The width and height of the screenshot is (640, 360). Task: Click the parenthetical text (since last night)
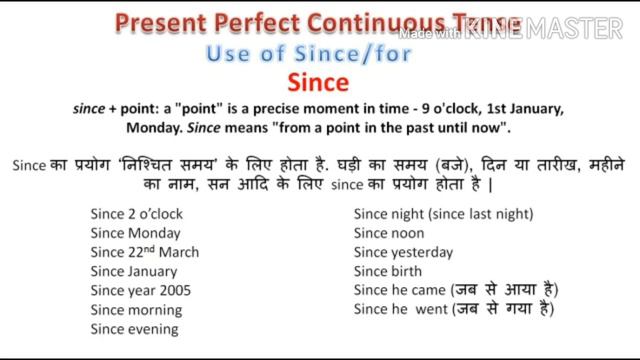[x=480, y=213]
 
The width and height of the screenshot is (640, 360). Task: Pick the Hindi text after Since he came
[x=504, y=290]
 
